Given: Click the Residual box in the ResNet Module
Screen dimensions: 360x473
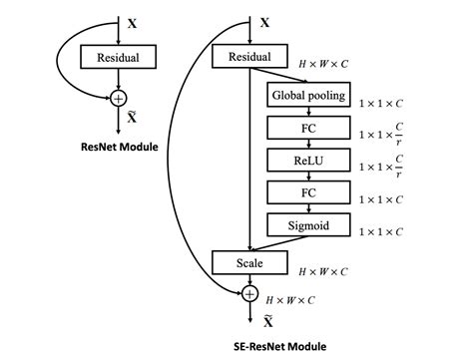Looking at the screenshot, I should point(119,58).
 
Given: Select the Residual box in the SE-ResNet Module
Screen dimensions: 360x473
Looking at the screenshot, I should point(248,58).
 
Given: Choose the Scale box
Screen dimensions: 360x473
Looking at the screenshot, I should point(248,263).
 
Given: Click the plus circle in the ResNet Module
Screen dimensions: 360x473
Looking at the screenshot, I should point(119,98).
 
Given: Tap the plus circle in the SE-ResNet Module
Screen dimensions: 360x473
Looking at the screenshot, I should point(249,293).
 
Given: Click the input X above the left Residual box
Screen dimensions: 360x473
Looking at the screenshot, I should point(133,20).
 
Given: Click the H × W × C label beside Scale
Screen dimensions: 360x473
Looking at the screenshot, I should point(325,270).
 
